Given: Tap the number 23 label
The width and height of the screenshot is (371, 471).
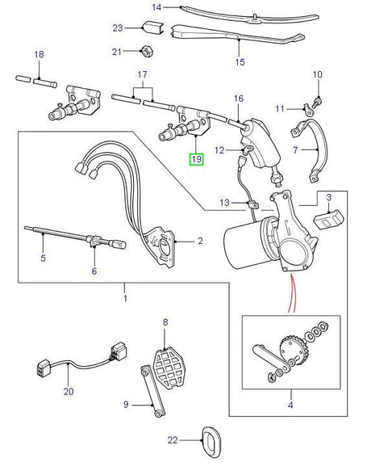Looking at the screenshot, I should point(118,28).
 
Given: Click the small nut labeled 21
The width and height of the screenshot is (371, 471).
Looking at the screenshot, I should point(148,53).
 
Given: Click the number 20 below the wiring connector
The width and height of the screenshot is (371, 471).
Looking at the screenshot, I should point(69,392).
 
